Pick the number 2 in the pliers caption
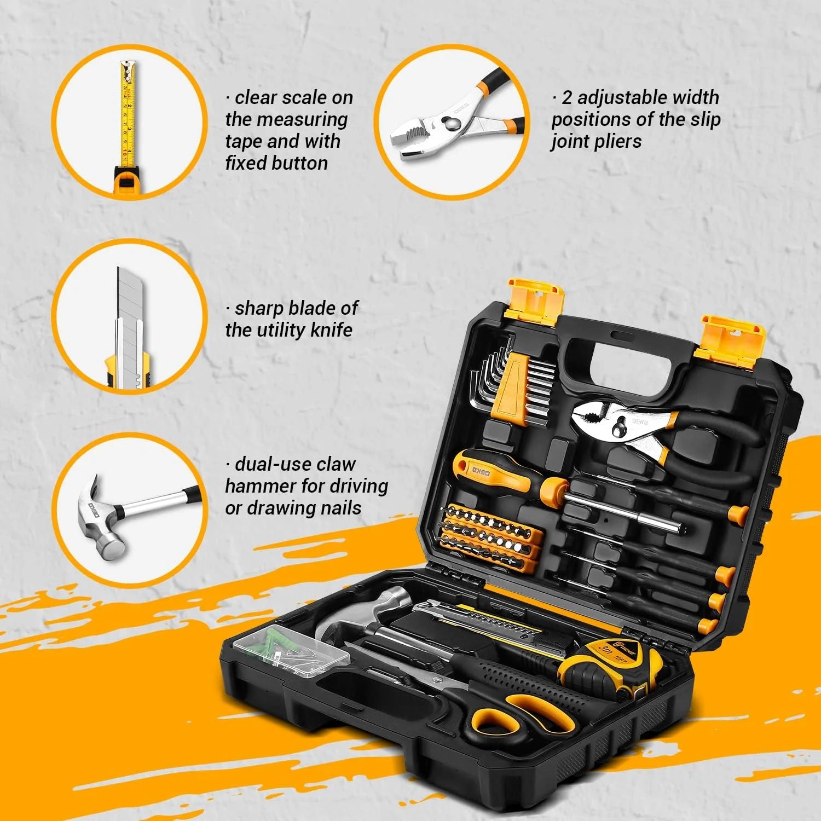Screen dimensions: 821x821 point(567,98)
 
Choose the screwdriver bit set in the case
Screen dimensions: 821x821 point(490,539)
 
